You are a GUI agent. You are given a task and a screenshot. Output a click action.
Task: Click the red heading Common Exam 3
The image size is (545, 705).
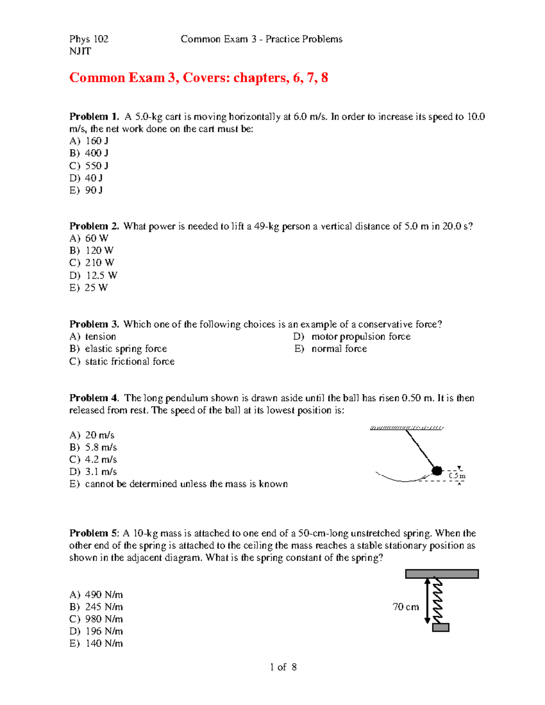click(198, 78)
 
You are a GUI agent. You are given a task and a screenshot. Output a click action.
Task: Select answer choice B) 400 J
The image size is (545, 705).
click(89, 153)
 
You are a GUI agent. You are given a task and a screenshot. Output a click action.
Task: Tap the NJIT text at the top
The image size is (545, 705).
click(80, 51)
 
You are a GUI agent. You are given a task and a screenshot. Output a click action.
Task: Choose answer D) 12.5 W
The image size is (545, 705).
click(93, 276)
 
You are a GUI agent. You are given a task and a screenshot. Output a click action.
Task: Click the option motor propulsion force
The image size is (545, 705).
click(352, 336)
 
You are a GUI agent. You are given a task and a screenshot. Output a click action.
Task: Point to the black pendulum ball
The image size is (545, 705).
click(437, 470)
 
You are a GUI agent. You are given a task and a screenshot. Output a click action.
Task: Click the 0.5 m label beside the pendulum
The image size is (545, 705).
click(457, 476)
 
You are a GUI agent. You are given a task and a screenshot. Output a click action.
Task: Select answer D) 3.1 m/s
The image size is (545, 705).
click(93, 472)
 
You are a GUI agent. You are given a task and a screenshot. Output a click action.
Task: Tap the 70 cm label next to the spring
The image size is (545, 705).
click(406, 607)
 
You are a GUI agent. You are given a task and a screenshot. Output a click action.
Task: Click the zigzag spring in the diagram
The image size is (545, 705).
click(437, 601)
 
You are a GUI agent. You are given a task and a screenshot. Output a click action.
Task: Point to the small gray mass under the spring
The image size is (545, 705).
click(441, 627)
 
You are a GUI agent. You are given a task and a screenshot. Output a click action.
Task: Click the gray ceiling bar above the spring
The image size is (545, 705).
click(442, 574)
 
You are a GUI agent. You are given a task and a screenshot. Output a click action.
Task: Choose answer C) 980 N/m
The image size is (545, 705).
click(96, 619)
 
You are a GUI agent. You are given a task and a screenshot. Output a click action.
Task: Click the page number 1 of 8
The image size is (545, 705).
click(283, 667)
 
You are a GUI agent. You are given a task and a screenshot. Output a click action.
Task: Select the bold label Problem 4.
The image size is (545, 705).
click(94, 398)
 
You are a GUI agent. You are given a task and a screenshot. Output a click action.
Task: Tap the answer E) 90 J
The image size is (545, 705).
click(86, 190)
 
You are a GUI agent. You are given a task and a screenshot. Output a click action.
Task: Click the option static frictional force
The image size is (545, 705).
click(122, 361)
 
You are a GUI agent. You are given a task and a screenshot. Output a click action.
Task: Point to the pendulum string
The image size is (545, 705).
click(420, 449)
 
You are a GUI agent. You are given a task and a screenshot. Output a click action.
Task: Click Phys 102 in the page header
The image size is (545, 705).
click(89, 39)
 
